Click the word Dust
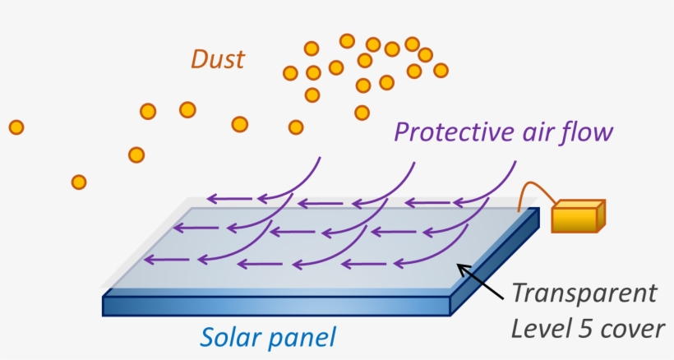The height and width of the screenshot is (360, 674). (x=218, y=59)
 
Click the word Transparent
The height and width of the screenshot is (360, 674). (x=584, y=293)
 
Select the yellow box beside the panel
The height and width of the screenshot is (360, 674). (x=578, y=216)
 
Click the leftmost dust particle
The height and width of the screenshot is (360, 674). (x=16, y=127)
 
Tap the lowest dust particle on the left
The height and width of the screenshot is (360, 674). (x=79, y=182)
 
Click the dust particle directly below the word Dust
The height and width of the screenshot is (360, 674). (x=187, y=109)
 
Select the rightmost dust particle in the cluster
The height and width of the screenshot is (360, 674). (x=441, y=70)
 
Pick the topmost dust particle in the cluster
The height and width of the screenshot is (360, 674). (x=347, y=40)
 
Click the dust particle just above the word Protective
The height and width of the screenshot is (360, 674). (x=362, y=112)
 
